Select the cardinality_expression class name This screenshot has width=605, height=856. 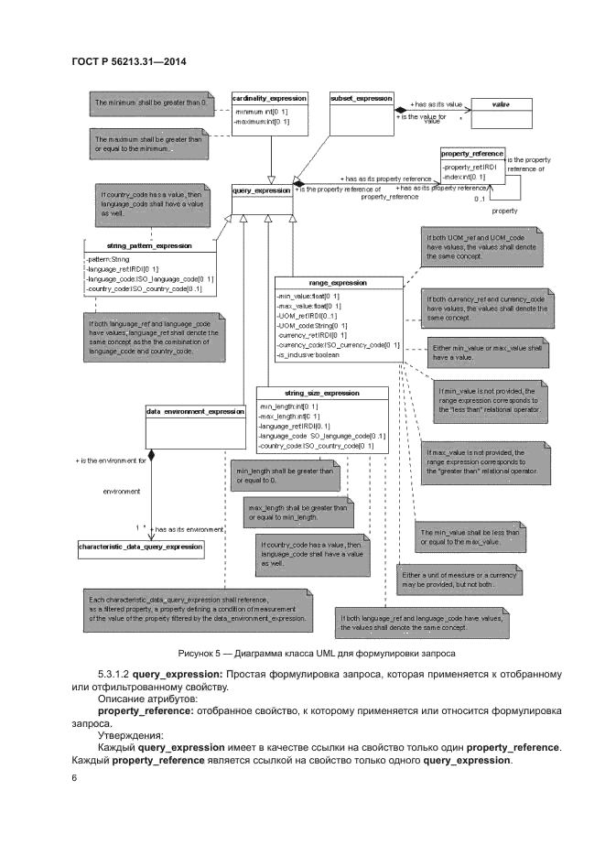click(x=268, y=98)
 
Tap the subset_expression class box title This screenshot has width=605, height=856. click(x=361, y=98)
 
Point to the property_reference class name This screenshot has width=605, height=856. click(x=472, y=155)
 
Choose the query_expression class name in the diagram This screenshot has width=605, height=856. click(x=261, y=190)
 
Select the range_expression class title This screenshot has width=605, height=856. click(x=337, y=283)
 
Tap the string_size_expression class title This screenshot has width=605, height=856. click(x=321, y=393)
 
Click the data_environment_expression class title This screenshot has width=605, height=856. click(x=195, y=412)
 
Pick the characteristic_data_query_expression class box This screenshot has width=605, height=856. click(x=140, y=547)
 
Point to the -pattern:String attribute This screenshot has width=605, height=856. click(x=109, y=259)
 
